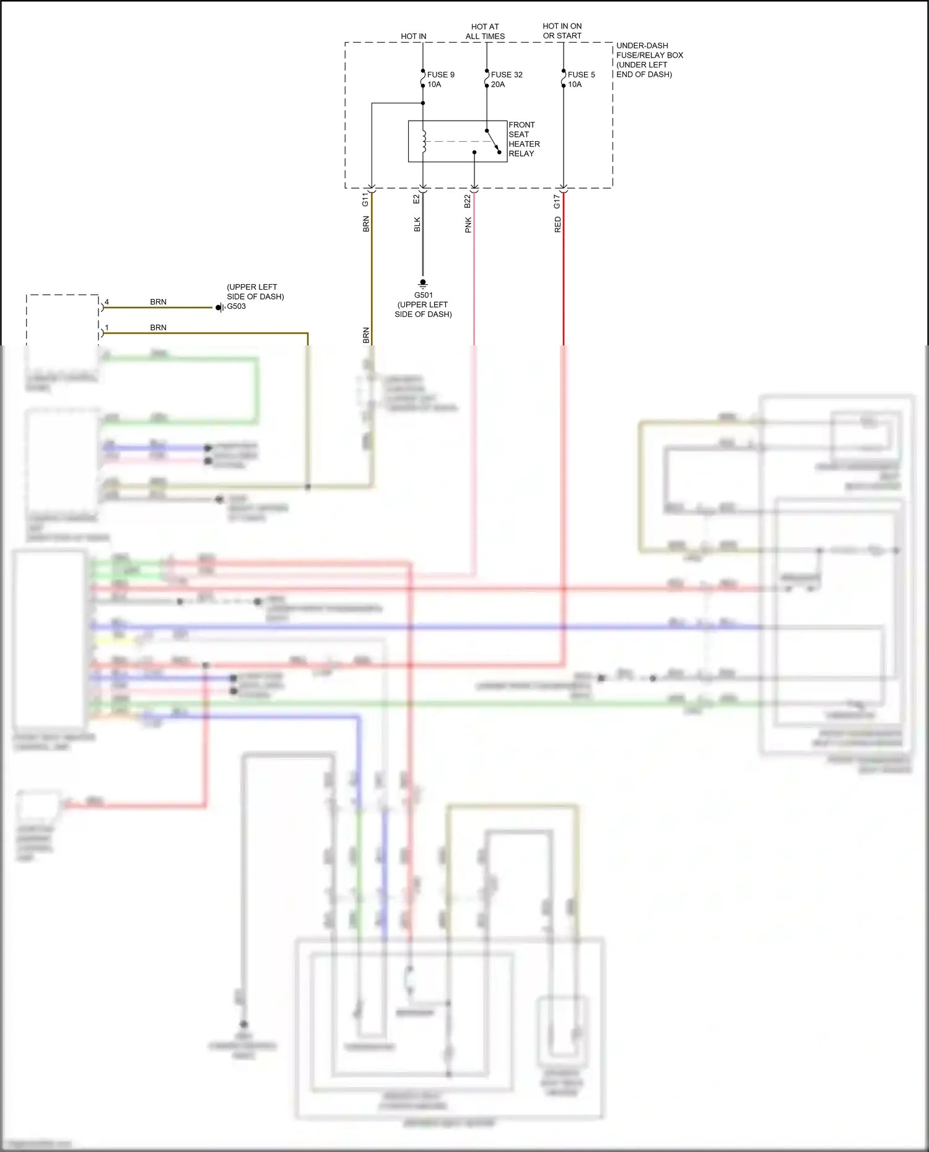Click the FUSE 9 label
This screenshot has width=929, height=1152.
[x=440, y=75]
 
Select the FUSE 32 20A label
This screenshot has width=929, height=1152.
[x=506, y=79]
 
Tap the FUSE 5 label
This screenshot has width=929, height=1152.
[x=581, y=75]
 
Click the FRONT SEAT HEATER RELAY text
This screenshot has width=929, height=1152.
[x=523, y=139]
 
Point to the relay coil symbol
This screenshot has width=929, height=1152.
[x=424, y=141]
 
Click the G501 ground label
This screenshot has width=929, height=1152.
[x=424, y=295]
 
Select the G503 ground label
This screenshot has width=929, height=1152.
[x=236, y=306]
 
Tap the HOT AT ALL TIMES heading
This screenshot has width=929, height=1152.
[x=485, y=32]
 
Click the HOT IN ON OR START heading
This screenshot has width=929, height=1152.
[x=562, y=31]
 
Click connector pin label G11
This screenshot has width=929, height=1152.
[x=365, y=200]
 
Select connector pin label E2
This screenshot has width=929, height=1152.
[x=416, y=199]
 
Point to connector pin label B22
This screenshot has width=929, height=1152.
[x=468, y=201]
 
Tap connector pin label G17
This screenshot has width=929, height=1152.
[x=557, y=201]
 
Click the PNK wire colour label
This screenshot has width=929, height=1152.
[x=468, y=225]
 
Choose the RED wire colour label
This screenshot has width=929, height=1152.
[x=557, y=225]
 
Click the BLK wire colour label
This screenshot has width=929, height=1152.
[x=417, y=225]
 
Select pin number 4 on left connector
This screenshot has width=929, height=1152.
[x=107, y=302]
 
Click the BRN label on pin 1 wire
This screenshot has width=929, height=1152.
[x=158, y=327]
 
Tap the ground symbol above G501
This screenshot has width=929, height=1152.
[x=423, y=284]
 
